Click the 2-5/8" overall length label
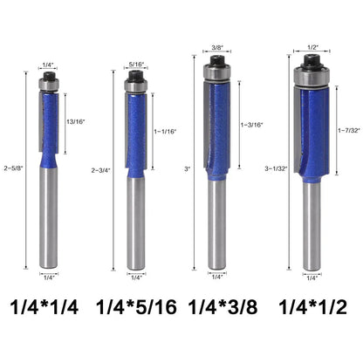coord(13,168)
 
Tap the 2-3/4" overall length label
coord(101,170)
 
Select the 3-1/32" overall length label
coord(276,168)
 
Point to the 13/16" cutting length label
coord(75,122)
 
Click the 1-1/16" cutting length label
coord(165,132)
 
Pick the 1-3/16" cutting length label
coord(251,125)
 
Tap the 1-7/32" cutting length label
coord(349,130)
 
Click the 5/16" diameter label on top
coord(136,65)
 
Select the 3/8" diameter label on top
coord(216,47)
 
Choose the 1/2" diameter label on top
coord(313,47)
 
